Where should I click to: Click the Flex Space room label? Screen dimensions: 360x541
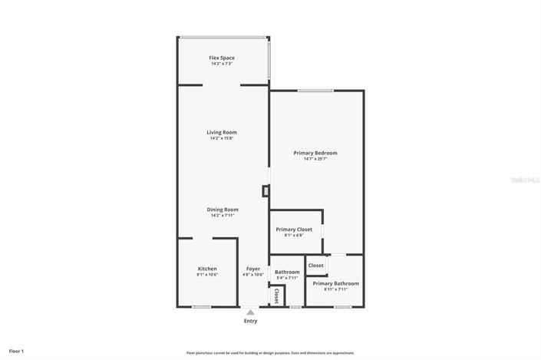click(222, 58)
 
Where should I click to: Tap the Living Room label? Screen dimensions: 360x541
click(222, 132)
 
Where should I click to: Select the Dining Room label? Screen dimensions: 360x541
click(222, 210)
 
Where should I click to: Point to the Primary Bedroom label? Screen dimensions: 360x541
click(315, 153)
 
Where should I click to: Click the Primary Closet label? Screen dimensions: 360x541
click(294, 230)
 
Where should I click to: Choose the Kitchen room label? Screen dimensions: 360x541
click(207, 269)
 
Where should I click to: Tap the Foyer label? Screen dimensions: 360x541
click(253, 269)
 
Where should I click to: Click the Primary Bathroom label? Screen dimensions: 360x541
click(335, 283)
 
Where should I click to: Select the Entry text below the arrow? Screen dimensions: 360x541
click(250, 321)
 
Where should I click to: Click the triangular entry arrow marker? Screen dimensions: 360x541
click(250, 312)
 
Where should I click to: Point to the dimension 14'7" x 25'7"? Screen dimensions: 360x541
click(315, 159)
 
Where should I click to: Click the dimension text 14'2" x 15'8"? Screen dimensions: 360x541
click(222, 138)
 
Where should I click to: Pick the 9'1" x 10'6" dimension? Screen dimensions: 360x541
click(207, 275)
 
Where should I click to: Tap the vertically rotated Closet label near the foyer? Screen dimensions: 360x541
click(276, 296)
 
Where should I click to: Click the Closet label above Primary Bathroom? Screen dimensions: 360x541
click(315, 266)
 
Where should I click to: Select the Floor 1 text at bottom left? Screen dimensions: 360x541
click(17, 351)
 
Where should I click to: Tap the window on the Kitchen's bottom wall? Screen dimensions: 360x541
click(201, 307)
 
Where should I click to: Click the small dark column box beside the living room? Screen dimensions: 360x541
click(266, 191)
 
